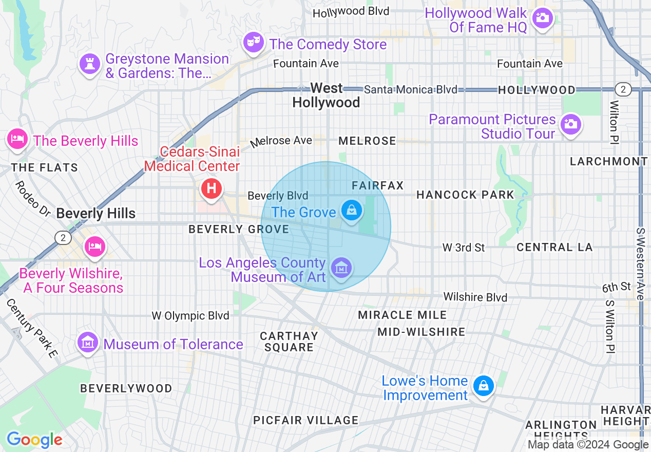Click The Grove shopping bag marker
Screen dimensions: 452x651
[x=351, y=211]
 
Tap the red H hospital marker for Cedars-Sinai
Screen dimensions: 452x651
[x=210, y=188]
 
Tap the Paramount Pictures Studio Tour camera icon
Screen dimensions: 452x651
[x=569, y=124]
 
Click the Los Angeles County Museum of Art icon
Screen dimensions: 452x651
[x=340, y=268]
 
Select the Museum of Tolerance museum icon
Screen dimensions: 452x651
[x=87, y=343]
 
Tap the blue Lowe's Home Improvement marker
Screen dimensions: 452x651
[x=483, y=385]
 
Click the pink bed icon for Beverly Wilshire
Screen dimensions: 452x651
[x=95, y=246]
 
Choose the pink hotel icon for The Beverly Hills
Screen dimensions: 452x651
[x=18, y=139]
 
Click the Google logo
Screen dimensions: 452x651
[x=34, y=440]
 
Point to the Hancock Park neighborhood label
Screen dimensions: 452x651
[x=465, y=195]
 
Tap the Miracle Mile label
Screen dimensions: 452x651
[x=402, y=315]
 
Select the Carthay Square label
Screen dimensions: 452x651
[x=289, y=342]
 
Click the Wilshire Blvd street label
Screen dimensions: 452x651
[x=475, y=297]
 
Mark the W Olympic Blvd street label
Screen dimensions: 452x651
[x=190, y=315]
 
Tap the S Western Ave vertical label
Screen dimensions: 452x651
[x=640, y=264]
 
